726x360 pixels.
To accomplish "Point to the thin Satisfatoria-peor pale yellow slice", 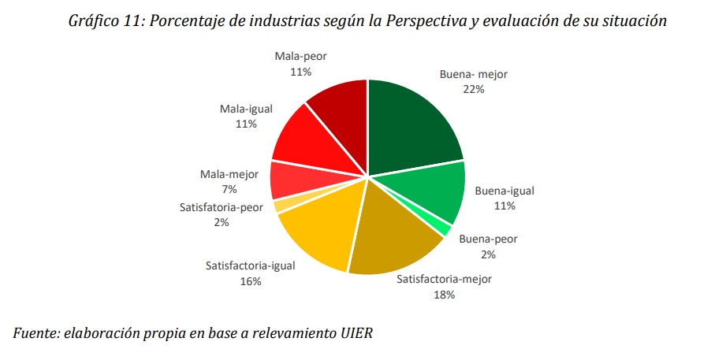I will tap(277, 206).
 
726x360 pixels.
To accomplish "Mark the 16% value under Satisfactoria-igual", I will tap(251, 281).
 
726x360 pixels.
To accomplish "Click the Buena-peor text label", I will tap(489, 239).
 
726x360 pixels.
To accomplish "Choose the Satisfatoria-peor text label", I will tap(222, 208).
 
